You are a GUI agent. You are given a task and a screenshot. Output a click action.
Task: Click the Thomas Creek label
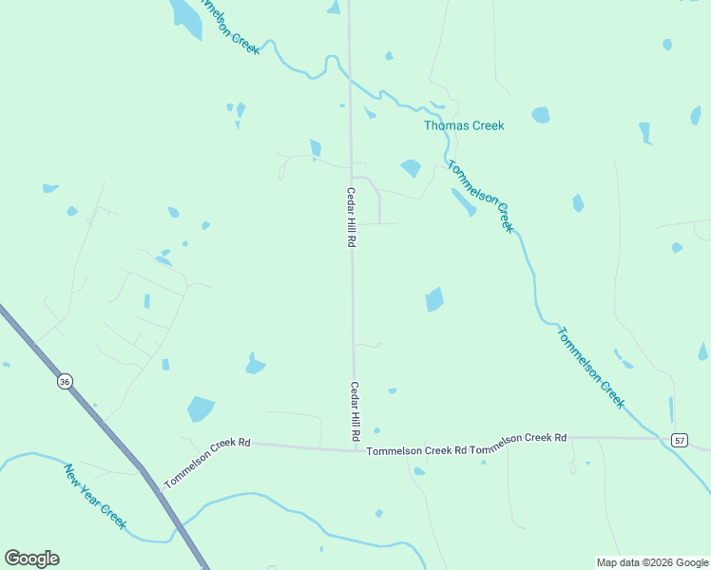tap(464, 125)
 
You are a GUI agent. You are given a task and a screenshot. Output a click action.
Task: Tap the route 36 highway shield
tap(64, 381)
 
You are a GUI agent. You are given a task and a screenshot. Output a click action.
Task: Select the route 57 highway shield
tap(679, 440)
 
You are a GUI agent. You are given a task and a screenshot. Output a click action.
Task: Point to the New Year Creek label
tap(95, 496)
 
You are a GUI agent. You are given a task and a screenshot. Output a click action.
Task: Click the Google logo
tap(31, 559)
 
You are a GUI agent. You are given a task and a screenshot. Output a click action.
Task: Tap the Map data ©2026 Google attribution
tap(653, 562)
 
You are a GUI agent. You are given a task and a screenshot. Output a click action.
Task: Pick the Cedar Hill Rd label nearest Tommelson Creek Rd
tap(355, 410)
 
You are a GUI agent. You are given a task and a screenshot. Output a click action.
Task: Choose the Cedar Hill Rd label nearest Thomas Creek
tap(350, 218)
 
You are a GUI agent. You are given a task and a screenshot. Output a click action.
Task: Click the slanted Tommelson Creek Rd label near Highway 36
tap(206, 463)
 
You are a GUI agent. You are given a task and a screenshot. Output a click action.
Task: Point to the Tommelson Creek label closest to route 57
tap(591, 368)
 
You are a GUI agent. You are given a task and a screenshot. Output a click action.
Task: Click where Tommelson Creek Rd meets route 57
tap(660, 438)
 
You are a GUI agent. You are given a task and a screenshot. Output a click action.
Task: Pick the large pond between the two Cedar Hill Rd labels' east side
tap(433, 299)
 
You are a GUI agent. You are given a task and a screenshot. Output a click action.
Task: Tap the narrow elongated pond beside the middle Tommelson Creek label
tap(463, 201)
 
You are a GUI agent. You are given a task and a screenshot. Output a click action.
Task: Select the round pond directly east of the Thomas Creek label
tap(541, 115)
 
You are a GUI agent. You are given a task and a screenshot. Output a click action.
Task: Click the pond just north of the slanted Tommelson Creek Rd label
tap(200, 408)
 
